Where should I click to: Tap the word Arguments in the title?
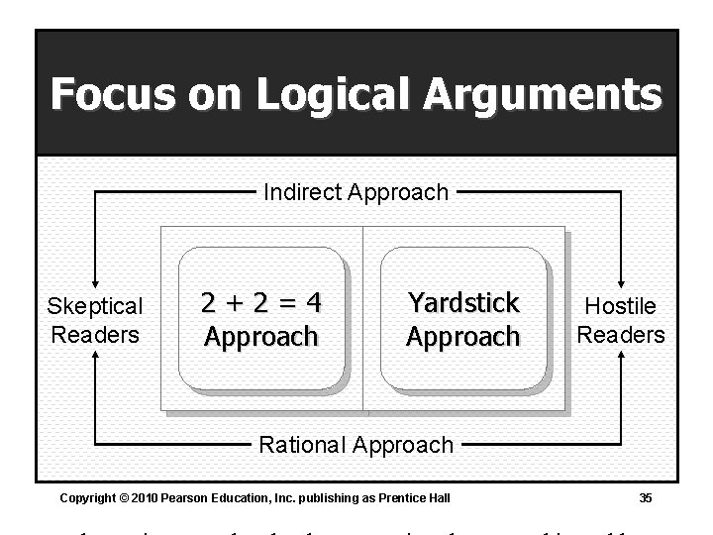[542, 96]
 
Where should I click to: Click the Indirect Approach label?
[356, 192]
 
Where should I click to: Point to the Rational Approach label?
[356, 445]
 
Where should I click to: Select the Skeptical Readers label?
[95, 320]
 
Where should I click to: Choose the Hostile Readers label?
[621, 320]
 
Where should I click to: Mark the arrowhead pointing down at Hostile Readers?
[621, 280]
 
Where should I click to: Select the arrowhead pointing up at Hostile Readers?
[621, 358]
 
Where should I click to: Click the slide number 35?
[645, 497]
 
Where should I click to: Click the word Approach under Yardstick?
[463, 336]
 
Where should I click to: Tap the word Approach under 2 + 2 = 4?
[261, 336]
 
